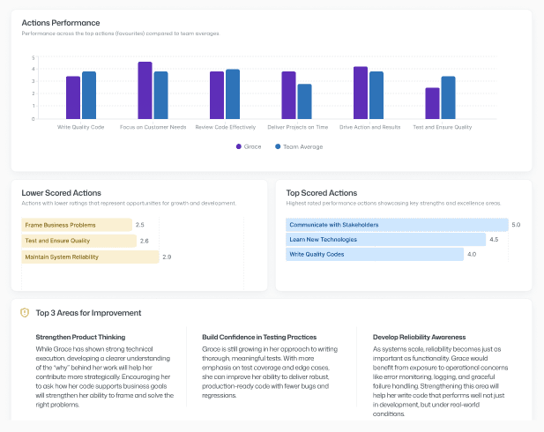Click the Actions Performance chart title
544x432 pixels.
point(60,22)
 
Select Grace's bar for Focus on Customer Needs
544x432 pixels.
point(145,91)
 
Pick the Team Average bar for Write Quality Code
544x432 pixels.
point(89,95)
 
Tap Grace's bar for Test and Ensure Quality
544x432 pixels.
point(432,103)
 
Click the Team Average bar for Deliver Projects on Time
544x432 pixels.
point(304,101)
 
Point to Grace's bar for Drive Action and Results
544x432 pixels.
point(361,93)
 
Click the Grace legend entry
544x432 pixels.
point(251,146)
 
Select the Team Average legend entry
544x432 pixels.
point(298,146)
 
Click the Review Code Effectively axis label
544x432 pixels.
point(224,127)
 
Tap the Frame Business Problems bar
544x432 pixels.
point(76,225)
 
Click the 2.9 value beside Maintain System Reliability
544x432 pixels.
point(167,257)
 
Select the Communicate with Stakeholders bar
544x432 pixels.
point(397,225)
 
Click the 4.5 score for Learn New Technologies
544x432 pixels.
point(494,240)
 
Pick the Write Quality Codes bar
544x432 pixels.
point(375,255)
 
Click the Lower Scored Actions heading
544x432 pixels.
point(61,192)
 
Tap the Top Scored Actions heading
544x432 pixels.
point(321,192)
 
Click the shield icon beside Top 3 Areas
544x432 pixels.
point(25,312)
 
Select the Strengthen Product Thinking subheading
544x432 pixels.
point(80,337)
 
